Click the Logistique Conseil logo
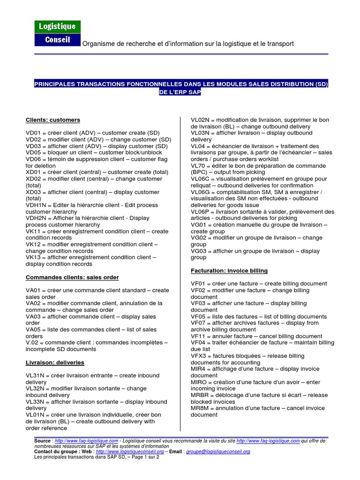point(57,33)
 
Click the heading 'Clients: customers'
point(52,120)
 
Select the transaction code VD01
point(34,133)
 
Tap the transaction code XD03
point(34,192)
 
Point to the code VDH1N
point(36,205)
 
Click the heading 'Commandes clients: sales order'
point(72,277)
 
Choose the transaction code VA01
point(34,291)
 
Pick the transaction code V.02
point(33,343)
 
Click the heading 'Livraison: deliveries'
point(55,362)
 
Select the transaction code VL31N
point(36,375)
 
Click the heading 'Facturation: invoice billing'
point(229,270)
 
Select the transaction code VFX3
point(199,356)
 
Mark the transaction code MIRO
point(199,382)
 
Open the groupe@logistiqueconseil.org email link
point(218,451)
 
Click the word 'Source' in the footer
point(43,441)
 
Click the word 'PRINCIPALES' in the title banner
point(57,84)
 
